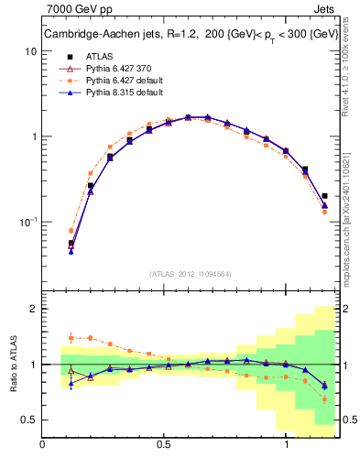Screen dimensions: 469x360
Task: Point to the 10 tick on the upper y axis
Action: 30,51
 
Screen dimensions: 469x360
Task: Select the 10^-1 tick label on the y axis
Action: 28,222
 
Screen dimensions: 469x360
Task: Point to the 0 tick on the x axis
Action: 43,443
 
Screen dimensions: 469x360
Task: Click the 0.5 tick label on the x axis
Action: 164,443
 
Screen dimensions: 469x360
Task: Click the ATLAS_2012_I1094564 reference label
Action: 190,273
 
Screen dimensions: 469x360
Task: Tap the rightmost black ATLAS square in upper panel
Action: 325,195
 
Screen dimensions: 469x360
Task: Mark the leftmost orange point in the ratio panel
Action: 71,338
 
